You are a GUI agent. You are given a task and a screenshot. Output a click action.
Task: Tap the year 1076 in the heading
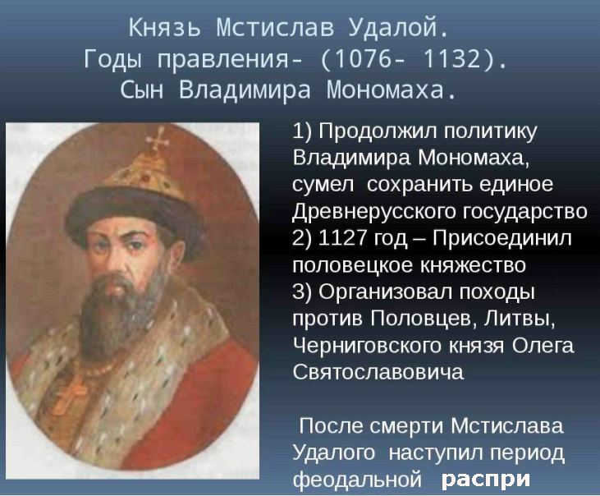point(355,59)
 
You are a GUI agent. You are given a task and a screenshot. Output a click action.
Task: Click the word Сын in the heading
point(141,90)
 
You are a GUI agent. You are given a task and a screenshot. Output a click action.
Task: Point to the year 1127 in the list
point(342,237)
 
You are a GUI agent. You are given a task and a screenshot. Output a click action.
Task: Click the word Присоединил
point(502,238)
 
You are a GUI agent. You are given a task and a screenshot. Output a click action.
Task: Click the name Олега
point(543,346)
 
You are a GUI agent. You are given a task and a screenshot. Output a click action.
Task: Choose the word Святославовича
point(378,372)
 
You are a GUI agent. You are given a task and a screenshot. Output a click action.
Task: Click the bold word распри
point(486,480)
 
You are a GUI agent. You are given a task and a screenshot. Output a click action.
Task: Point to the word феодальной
point(359,480)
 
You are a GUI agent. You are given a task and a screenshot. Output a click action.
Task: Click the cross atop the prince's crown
point(158,139)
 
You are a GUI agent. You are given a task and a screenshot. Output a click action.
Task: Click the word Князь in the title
point(164,28)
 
